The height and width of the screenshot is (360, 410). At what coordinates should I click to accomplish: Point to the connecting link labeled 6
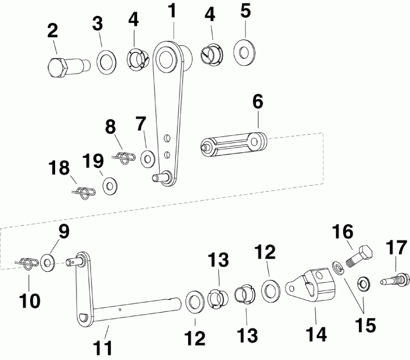click(x=234, y=144)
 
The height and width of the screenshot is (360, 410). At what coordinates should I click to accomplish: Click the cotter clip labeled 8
click(x=124, y=157)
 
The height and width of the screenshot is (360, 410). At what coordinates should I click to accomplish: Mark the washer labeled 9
click(x=47, y=262)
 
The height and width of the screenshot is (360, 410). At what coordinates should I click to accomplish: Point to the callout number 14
click(x=316, y=334)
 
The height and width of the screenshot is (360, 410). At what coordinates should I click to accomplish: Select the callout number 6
click(x=258, y=102)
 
